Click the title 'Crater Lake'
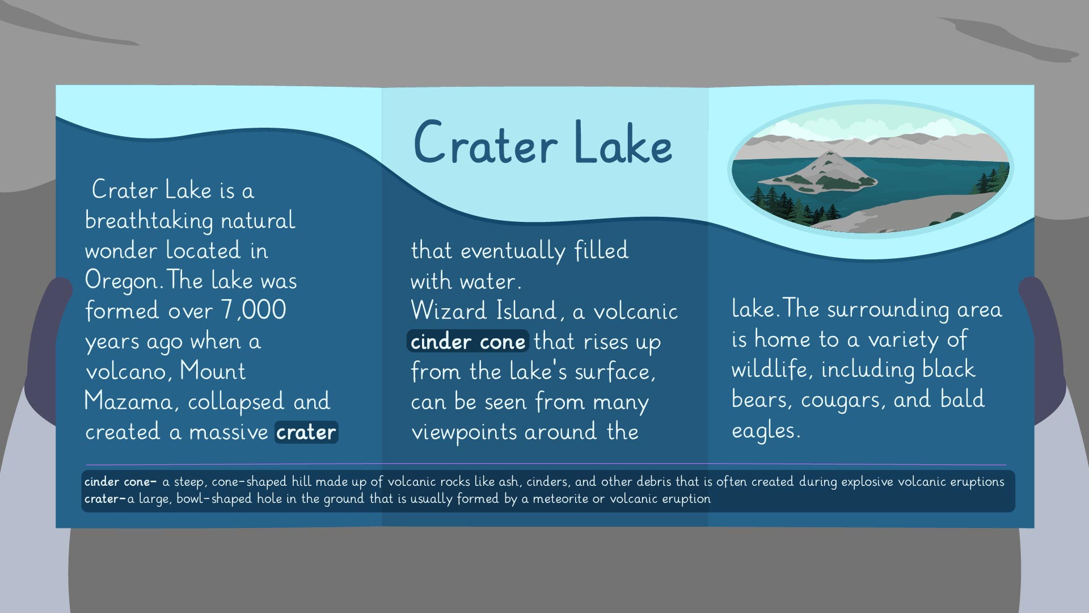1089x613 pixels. [x=543, y=142]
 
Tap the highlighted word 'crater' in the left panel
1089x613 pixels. [x=306, y=432]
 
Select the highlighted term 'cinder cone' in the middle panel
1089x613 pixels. [x=468, y=341]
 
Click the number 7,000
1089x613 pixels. [x=254, y=310]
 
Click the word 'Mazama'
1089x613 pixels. [x=127, y=401]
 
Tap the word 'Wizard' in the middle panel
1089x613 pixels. [x=447, y=310]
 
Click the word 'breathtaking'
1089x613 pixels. [x=149, y=221]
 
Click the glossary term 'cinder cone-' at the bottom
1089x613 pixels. [x=120, y=482]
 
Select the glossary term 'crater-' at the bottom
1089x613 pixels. [x=104, y=499]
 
